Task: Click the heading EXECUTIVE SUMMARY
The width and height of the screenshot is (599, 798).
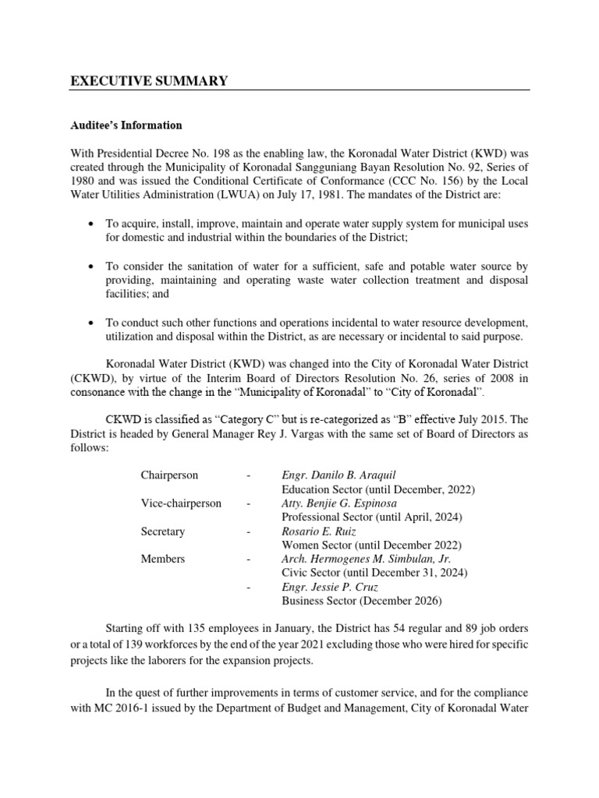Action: [149, 81]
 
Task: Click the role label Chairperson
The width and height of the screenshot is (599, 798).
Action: [169, 475]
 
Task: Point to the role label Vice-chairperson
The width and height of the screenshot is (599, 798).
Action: [181, 503]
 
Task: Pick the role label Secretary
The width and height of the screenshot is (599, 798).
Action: [163, 531]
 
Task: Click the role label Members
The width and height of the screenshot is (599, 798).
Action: [163, 559]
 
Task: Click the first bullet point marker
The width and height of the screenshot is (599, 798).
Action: [93, 224]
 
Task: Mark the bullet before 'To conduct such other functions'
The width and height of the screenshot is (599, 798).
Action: [93, 323]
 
